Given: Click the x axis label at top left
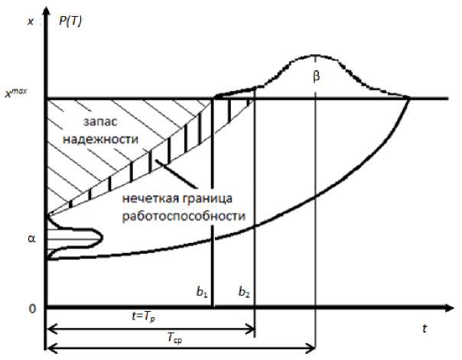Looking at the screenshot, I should click(x=31, y=21).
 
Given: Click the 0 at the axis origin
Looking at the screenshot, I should click(x=31, y=308).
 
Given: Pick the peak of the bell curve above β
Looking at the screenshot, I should click(x=314, y=56).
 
